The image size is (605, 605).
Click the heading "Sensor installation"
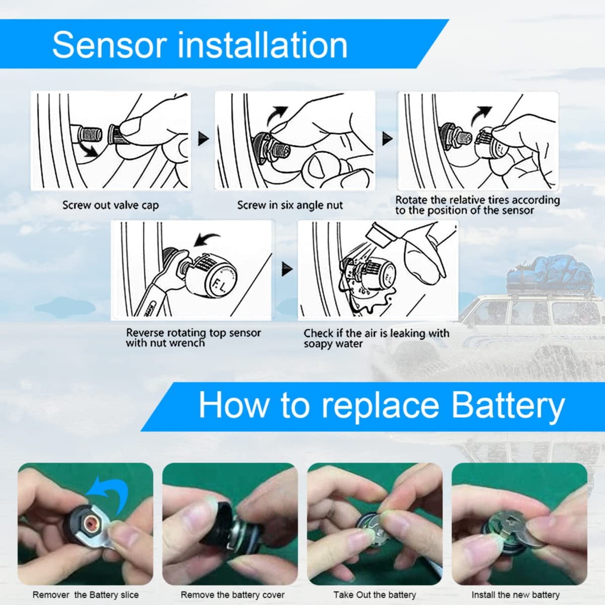200,45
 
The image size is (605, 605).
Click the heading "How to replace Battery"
381,405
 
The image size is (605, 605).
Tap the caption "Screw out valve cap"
110,205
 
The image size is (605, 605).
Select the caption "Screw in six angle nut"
290,205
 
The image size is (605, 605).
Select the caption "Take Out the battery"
375,595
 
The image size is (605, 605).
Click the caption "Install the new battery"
515,595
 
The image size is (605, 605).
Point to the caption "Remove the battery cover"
232,595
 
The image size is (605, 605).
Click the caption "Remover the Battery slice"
85,595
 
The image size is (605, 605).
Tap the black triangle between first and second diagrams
203,138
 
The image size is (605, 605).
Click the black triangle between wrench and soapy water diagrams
286,269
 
